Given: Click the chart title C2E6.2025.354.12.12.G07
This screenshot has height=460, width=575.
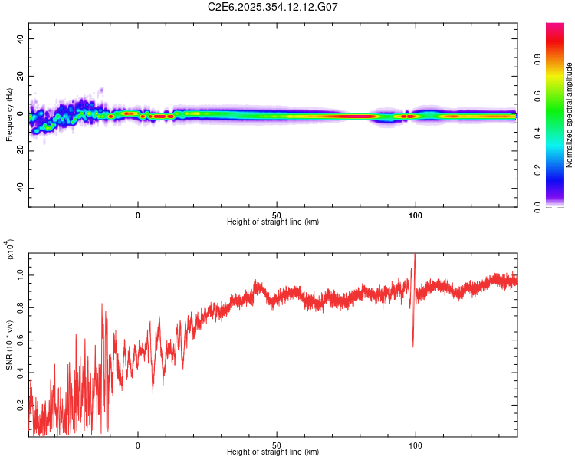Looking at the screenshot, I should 273,7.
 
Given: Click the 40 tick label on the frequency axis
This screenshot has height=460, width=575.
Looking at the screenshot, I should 21,38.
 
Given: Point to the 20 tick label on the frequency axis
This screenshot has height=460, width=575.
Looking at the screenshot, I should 21,76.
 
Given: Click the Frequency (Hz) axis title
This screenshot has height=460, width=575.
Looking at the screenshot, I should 9,115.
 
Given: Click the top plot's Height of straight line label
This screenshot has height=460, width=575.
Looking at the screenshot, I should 273,222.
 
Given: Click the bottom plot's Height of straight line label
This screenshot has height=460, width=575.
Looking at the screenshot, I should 273,452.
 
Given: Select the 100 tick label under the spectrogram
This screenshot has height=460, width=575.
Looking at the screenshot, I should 416,215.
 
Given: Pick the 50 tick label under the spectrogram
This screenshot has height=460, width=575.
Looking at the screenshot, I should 277,215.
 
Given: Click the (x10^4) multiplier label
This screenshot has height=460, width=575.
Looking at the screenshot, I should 11,250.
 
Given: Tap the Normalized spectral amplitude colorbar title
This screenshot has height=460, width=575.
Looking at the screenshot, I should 569,115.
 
